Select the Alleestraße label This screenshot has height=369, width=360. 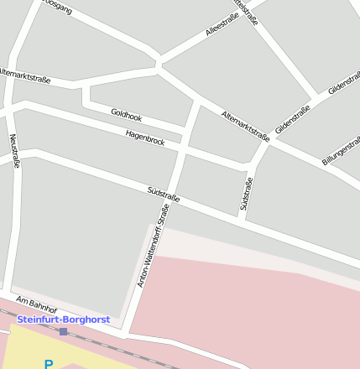point(222,25)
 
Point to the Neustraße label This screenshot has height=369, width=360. point(14,150)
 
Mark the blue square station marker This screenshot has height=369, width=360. point(63,331)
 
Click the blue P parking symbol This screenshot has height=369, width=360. point(48,364)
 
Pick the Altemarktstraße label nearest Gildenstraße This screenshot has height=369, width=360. point(244,124)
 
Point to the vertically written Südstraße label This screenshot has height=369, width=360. point(246,192)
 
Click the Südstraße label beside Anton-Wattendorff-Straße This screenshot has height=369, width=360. point(163,195)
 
